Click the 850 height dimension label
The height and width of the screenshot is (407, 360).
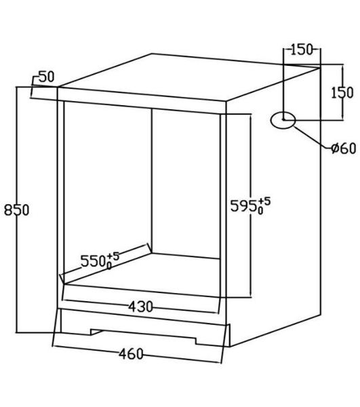pyautogui.click(x=16, y=210)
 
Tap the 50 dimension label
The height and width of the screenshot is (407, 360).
pyautogui.click(x=47, y=77)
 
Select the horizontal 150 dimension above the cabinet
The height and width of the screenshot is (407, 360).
pyautogui.click(x=301, y=50)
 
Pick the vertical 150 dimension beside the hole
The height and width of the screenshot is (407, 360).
pyautogui.click(x=342, y=93)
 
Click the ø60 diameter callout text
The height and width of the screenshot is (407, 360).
pyautogui.click(x=344, y=148)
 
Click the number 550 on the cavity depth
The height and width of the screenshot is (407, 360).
pyautogui.click(x=94, y=261)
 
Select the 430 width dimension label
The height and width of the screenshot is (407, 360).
pyautogui.click(x=141, y=307)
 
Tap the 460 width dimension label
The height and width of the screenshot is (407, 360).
pyautogui.click(x=131, y=354)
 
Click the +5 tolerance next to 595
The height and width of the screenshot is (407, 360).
pyautogui.click(x=264, y=201)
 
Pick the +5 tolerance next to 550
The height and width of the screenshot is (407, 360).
pyautogui.click(x=113, y=256)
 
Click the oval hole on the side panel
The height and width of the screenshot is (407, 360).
pyautogui.click(x=283, y=121)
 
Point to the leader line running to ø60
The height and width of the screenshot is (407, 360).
pyautogui.click(x=313, y=138)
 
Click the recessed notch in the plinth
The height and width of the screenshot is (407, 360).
pyautogui.click(x=143, y=336)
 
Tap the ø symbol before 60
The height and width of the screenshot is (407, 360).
pyautogui.click(x=336, y=149)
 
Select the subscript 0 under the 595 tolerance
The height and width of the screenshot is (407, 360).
pyautogui.click(x=260, y=210)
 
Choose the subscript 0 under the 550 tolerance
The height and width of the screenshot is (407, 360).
pyautogui.click(x=109, y=266)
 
